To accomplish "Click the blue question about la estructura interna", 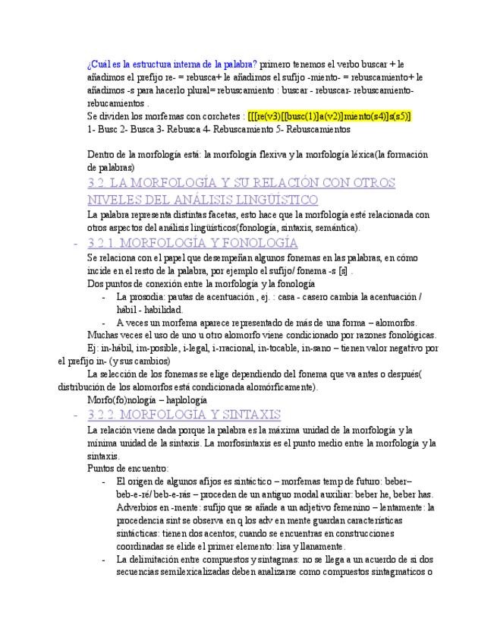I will tap(172, 63).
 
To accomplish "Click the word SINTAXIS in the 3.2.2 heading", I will tap(244, 415).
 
